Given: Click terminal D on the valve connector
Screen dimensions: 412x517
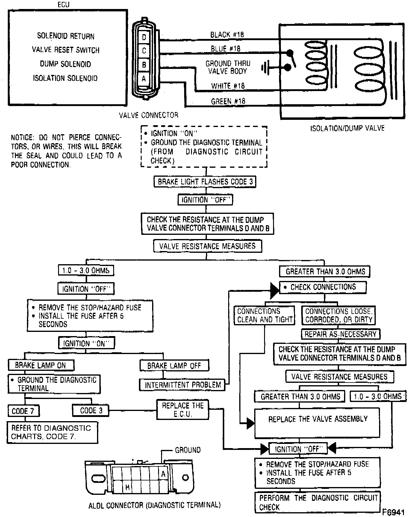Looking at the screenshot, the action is coord(144,37).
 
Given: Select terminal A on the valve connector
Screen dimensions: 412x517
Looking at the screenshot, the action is coord(144,79).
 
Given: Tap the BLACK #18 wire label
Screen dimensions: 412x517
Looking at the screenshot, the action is coord(227,35).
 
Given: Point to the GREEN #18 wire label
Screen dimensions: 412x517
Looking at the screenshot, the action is coord(228,101).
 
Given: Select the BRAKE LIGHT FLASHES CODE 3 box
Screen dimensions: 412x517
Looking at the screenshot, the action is coord(205,182).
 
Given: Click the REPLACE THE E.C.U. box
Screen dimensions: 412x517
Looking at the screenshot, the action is coord(183,409).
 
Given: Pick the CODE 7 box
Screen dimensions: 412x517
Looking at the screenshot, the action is coord(23,411).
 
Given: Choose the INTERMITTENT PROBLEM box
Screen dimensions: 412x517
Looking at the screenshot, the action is coord(183,385).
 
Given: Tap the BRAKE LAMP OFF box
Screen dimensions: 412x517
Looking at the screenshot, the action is coord(174,365).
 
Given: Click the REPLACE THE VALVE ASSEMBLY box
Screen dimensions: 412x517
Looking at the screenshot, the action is coord(317,423).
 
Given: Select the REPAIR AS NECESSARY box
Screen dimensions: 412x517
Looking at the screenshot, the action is coord(340,334).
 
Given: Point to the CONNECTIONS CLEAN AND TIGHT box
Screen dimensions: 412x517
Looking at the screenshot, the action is coord(264,315).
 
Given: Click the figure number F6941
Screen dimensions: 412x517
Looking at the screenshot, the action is coord(393,512).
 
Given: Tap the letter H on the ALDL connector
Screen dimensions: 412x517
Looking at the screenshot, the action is coord(127,487).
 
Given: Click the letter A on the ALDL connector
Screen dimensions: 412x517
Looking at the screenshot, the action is coord(163,474).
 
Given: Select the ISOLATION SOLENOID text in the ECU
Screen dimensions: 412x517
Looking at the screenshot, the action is coord(65,78).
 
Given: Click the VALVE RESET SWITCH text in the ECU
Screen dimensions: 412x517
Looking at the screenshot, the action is coord(66,50).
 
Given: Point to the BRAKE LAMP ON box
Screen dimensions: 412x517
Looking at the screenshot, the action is coord(41,365).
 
